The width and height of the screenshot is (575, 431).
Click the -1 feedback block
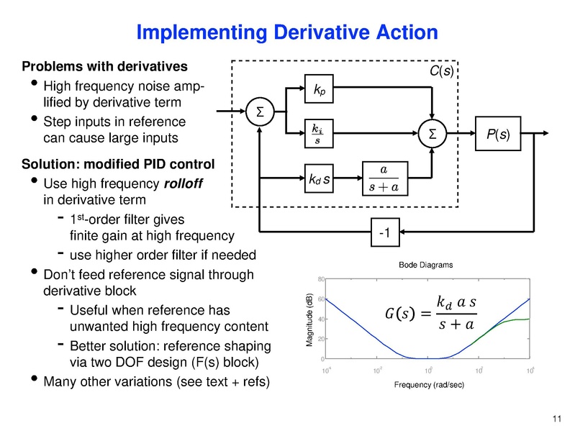pos(384,232)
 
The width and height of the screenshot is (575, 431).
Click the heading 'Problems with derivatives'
pos(105,67)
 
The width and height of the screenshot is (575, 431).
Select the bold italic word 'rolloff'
pos(184,183)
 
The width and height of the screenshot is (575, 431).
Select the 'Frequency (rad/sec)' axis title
pos(429,385)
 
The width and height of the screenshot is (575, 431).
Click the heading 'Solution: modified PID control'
pos(119,165)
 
